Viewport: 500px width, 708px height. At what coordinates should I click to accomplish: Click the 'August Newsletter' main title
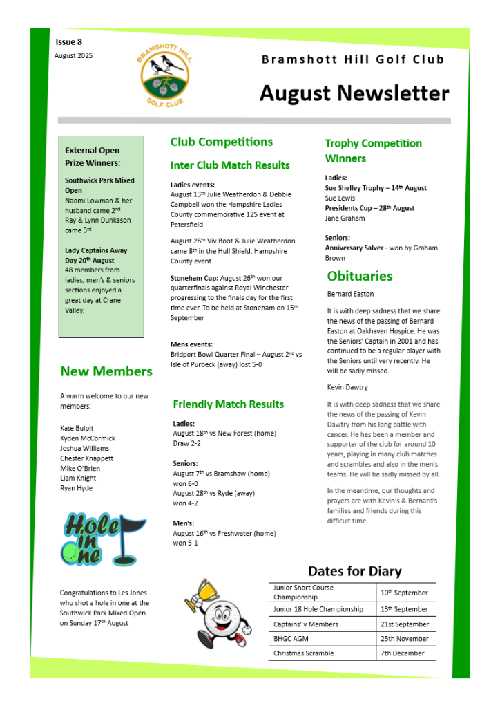coord(354,93)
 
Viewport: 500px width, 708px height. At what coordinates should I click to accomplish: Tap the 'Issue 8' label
coord(69,42)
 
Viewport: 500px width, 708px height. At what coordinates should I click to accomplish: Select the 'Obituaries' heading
coord(359,276)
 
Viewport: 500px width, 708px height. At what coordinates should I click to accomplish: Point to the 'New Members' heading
coord(106,371)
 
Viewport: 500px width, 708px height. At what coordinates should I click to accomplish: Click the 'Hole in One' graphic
coord(102,537)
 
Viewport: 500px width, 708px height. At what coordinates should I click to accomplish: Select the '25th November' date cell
coord(404,639)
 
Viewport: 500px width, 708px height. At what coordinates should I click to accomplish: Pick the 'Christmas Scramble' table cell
coord(303,653)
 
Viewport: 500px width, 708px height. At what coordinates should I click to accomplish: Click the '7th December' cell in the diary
coord(402,653)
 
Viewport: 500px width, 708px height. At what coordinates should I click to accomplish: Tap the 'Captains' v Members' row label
coord(305,624)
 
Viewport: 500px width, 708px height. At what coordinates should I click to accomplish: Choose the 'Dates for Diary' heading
coord(354,571)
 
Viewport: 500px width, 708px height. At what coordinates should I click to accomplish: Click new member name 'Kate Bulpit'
coord(77,428)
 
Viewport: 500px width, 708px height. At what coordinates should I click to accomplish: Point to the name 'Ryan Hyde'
coord(76,488)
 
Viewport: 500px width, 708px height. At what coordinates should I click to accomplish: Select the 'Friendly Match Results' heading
coord(228,404)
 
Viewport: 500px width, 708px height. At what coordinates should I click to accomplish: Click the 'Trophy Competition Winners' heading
coord(373,151)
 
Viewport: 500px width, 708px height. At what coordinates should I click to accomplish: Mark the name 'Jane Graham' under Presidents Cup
coord(345,218)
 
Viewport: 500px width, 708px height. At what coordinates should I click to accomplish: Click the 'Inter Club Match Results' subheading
coord(230,165)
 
